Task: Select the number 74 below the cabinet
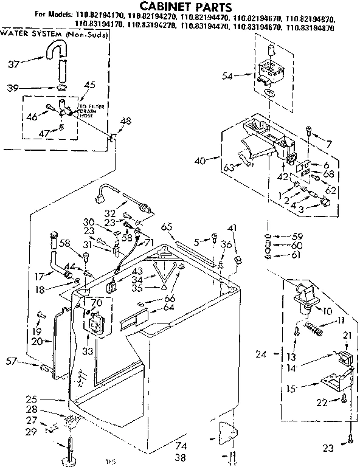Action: click(x=181, y=446)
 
